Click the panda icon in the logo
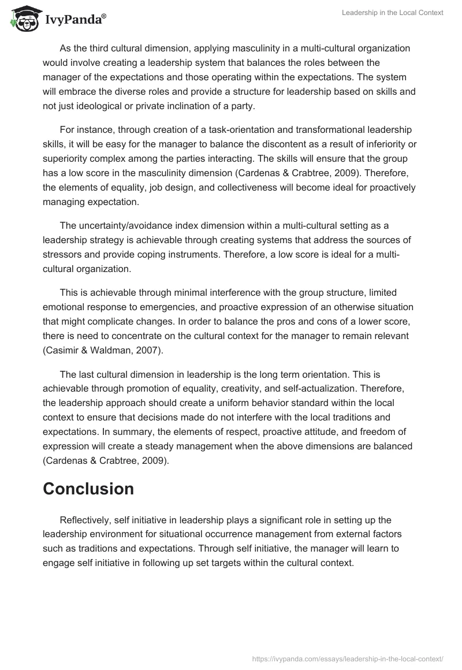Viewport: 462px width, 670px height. pyautogui.click(x=24, y=18)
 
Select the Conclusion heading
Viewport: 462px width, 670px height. pyautogui.click(x=88, y=489)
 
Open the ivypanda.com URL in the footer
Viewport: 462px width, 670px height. pyautogui.click(x=349, y=658)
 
